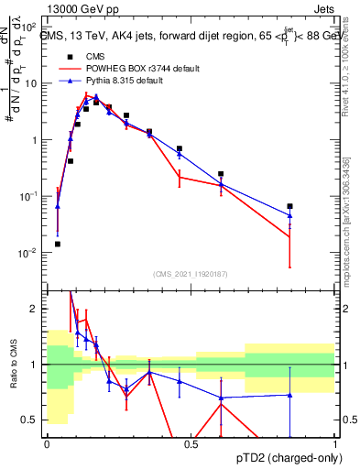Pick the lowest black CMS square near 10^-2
(x=58, y=244)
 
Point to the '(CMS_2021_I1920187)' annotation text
(x=191, y=273)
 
